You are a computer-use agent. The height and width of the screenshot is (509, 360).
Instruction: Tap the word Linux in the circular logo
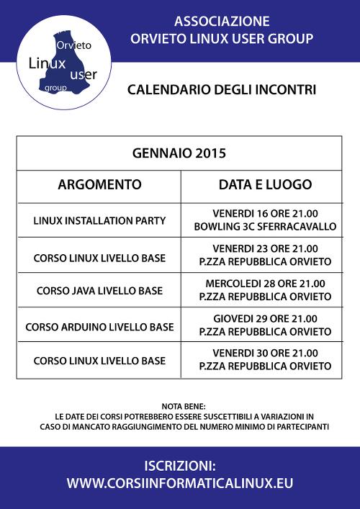point(47,63)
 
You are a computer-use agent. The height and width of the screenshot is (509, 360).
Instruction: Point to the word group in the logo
point(55,87)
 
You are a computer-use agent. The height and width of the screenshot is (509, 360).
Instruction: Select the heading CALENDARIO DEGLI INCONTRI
point(222,90)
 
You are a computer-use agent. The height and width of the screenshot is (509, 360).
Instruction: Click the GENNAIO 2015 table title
point(179,153)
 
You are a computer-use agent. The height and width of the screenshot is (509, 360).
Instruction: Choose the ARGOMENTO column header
point(99,185)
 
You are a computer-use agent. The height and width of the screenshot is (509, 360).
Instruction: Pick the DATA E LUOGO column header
point(265,185)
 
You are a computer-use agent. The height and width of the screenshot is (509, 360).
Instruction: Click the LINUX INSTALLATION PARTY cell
point(99,220)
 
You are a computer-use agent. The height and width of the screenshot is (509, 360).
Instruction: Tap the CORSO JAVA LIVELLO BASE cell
point(99,291)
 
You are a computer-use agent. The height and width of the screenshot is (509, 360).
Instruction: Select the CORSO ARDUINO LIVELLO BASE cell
point(99,326)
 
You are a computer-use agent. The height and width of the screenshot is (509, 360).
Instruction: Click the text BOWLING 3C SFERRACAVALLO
point(265,226)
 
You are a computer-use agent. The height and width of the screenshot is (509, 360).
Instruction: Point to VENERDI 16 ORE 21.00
point(265,214)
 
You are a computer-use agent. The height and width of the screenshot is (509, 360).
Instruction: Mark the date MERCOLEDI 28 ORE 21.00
point(265,284)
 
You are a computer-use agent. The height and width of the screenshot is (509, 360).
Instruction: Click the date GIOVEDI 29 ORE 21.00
point(265,319)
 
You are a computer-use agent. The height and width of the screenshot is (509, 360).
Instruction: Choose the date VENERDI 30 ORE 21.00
point(265,353)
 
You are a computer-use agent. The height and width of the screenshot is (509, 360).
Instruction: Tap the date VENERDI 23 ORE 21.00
point(265,248)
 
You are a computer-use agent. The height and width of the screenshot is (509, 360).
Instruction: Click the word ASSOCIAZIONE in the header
point(222,21)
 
